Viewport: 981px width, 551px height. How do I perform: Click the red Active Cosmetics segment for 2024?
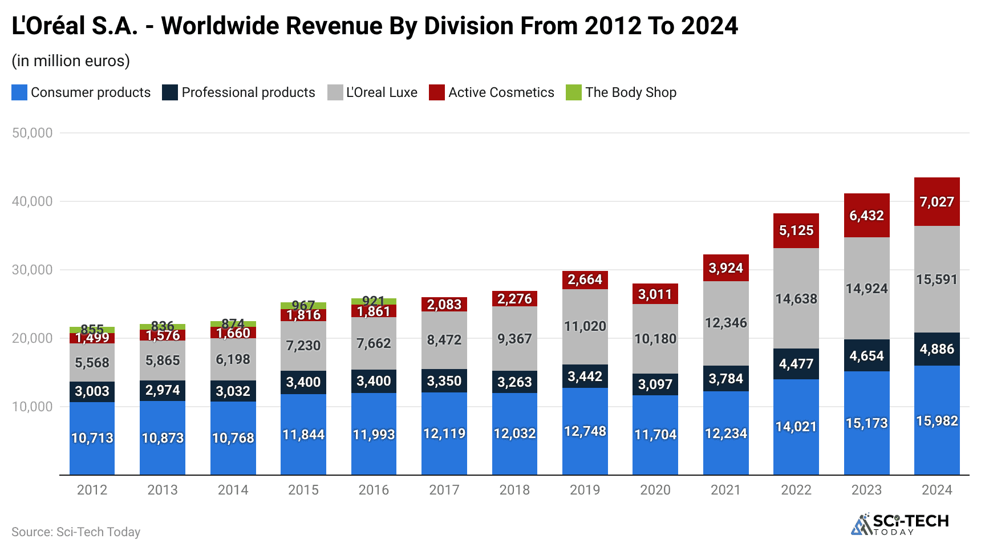937,201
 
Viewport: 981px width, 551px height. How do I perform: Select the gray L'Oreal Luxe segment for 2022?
796,298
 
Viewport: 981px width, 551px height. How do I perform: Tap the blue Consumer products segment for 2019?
585,431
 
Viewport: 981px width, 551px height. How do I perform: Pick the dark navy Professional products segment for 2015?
303,382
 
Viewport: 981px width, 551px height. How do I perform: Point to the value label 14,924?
866,289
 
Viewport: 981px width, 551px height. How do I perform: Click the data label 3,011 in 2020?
655,294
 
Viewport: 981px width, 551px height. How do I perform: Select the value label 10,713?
92,438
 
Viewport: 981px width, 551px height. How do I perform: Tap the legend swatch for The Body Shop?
573,92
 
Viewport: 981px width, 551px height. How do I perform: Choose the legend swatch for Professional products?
169,92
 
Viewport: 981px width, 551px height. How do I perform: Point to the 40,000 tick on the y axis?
32,201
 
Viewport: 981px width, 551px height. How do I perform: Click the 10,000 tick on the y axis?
32,407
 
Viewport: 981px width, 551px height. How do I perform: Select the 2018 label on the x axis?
514,490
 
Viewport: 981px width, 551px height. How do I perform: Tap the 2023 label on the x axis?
866,490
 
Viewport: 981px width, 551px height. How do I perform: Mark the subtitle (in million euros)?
71,60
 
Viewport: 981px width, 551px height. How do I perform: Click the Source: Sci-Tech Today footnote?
76,532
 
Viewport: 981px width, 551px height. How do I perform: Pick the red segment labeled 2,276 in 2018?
514,298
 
